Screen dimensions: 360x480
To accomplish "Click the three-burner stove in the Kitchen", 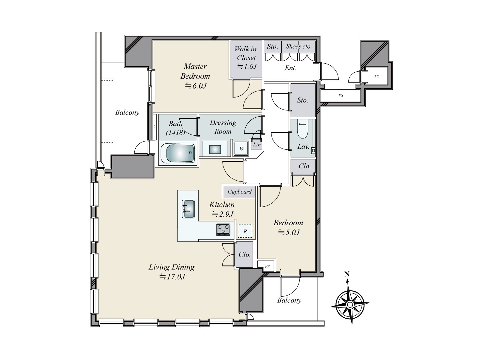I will pos(223,229).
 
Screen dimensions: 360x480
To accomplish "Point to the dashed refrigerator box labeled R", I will pos(245,231).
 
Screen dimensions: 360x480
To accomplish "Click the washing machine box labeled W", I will pos(241,148).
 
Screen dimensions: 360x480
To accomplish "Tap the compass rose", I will pos(350,305).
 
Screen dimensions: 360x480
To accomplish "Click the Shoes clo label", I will pos(298,46).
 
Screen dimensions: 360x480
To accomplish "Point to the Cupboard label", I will pos(239,192).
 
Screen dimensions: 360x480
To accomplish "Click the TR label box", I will pos(376,76).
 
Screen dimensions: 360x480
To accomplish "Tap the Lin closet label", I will pos(257,145).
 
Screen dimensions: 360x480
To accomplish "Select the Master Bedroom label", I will pos(195,71).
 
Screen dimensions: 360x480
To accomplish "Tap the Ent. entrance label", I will pos(290,68).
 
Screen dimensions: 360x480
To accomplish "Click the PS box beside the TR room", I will pos(340,95).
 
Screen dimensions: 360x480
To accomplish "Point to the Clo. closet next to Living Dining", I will pos(244,255).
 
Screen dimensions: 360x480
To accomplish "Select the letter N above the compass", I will pos(347,274).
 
